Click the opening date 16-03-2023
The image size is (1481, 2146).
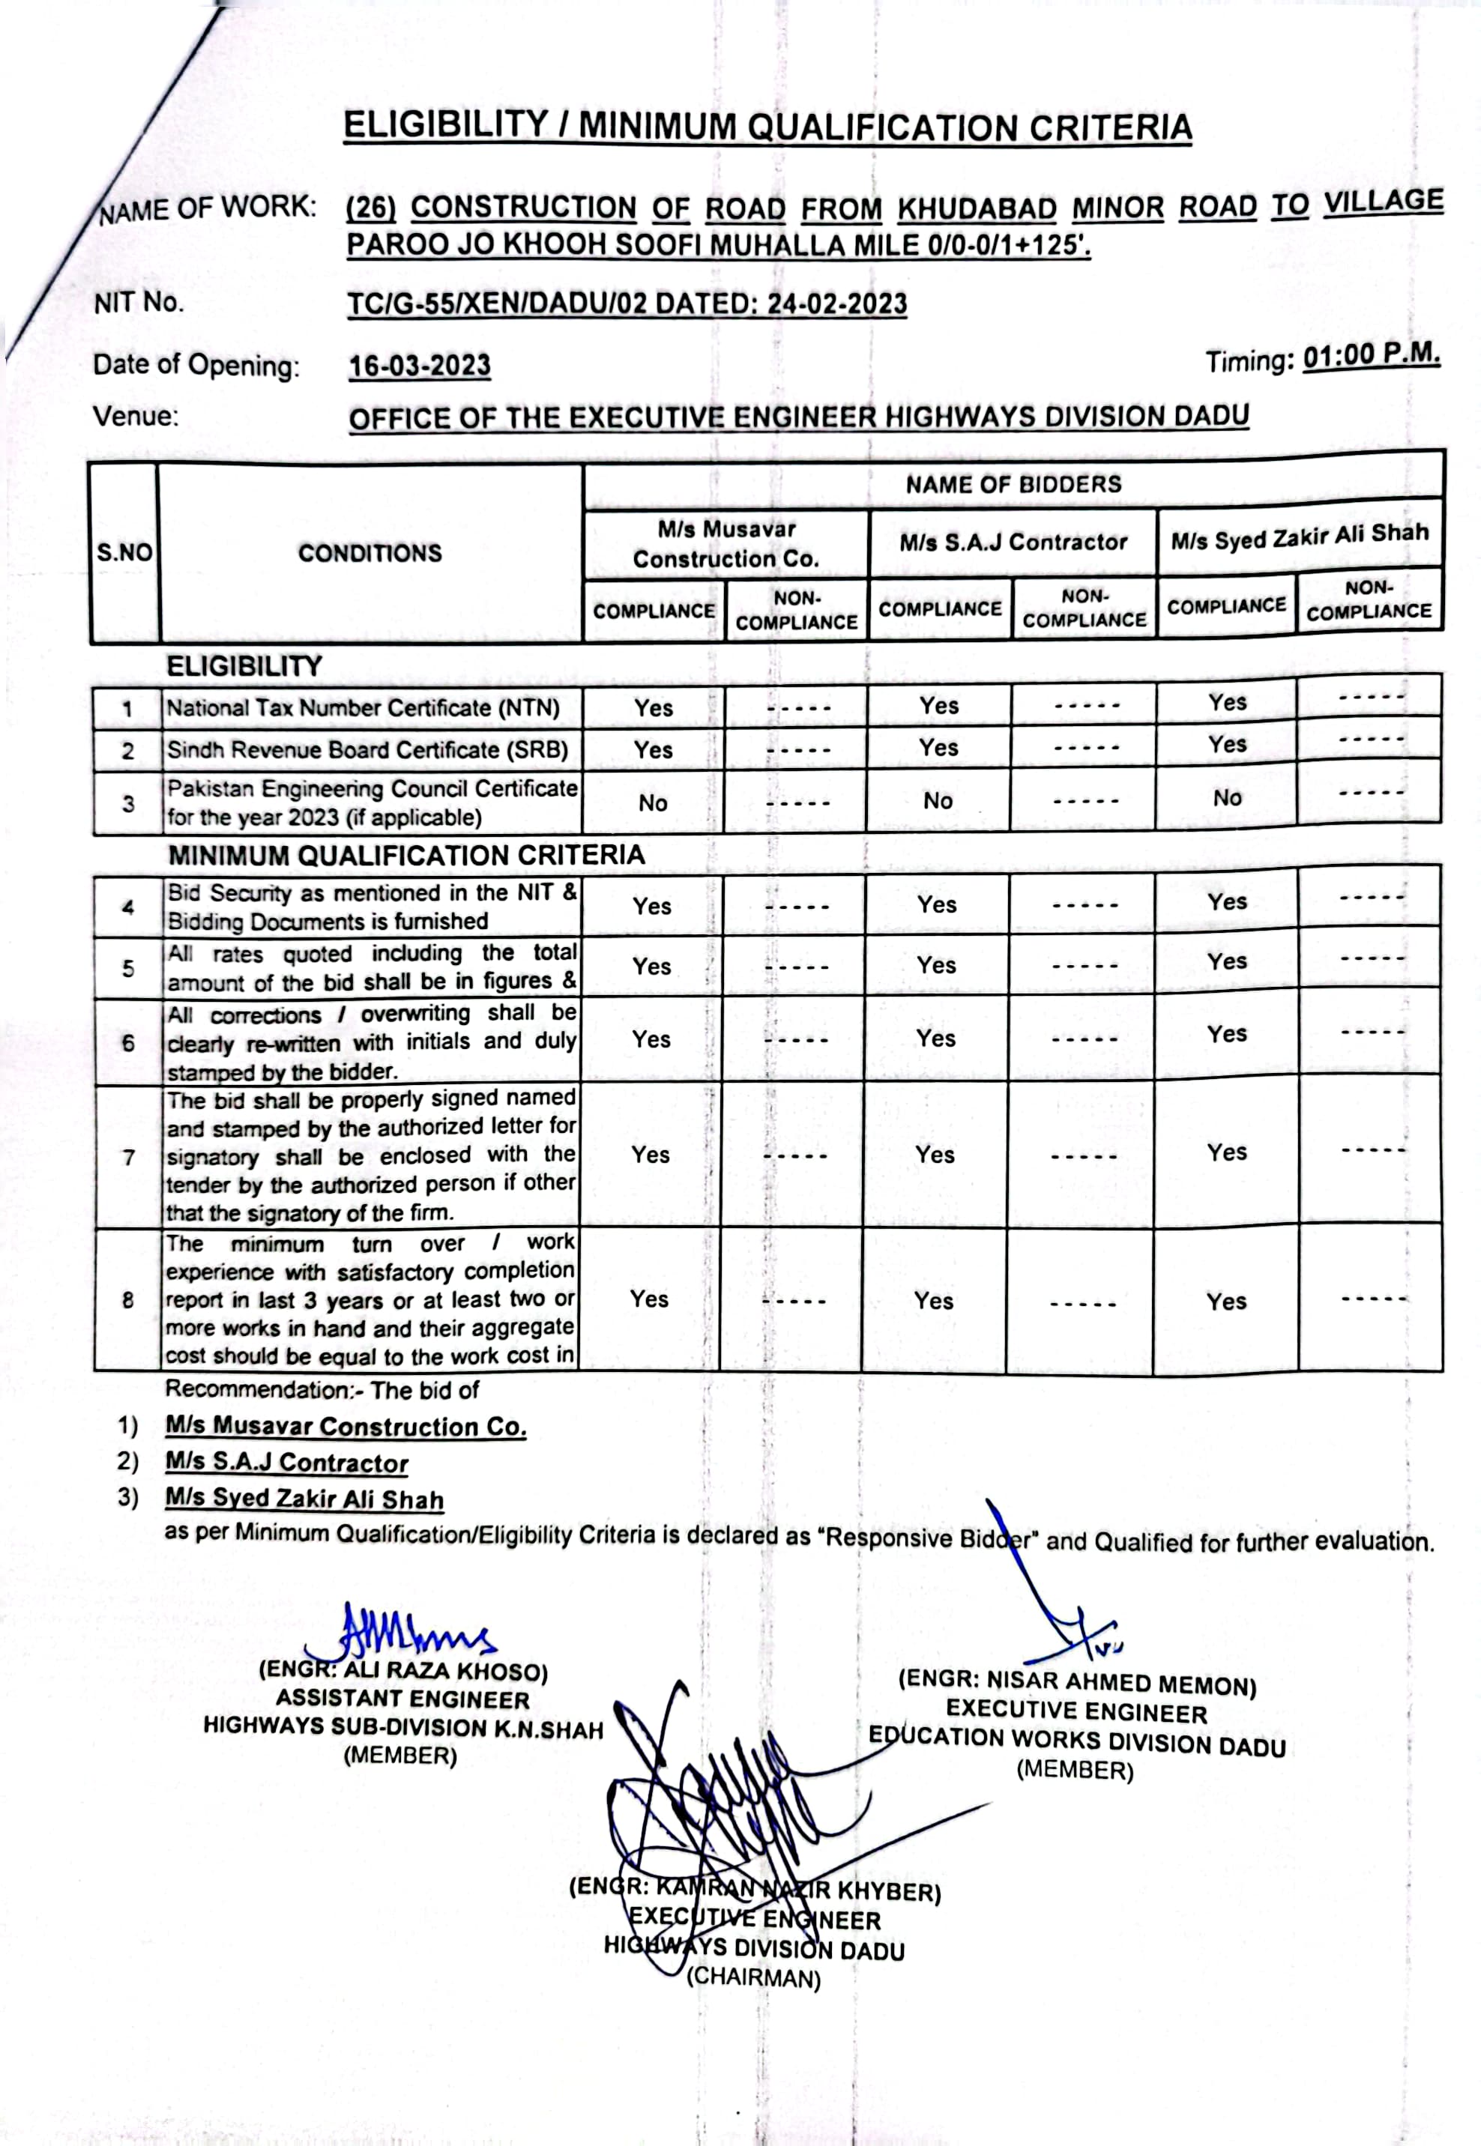click(x=420, y=366)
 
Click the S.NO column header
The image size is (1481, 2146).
click(x=124, y=553)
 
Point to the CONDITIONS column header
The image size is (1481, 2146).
click(x=370, y=553)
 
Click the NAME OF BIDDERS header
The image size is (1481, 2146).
click(x=1013, y=484)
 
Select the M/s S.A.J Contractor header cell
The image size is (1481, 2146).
click(x=1013, y=542)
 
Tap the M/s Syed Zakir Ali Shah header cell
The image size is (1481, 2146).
click(x=1299, y=535)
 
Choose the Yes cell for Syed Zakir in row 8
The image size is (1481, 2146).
click(x=1226, y=1302)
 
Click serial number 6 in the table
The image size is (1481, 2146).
click(x=128, y=1044)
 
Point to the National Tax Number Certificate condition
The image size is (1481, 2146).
click(x=363, y=709)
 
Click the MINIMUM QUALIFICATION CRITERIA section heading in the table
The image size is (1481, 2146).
click(x=405, y=854)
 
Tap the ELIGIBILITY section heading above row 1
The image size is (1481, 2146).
click(x=244, y=666)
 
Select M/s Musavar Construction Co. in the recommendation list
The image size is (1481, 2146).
click(x=346, y=1426)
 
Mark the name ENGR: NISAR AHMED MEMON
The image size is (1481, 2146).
click(x=1076, y=1683)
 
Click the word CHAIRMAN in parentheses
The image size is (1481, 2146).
click(x=753, y=1977)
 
